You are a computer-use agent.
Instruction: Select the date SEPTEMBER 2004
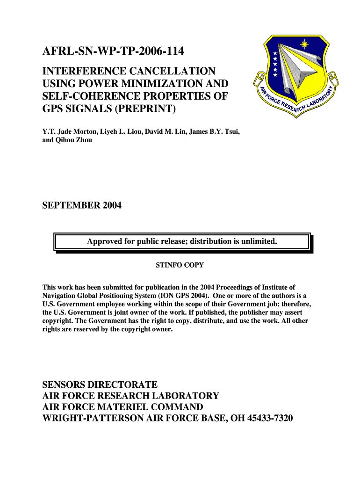[x=82, y=205]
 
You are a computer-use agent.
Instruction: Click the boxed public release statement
[x=182, y=242]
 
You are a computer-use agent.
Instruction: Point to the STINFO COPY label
[x=180, y=265]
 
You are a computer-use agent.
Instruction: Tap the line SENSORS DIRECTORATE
[x=100, y=385]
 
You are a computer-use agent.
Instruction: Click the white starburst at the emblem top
[x=305, y=44]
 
